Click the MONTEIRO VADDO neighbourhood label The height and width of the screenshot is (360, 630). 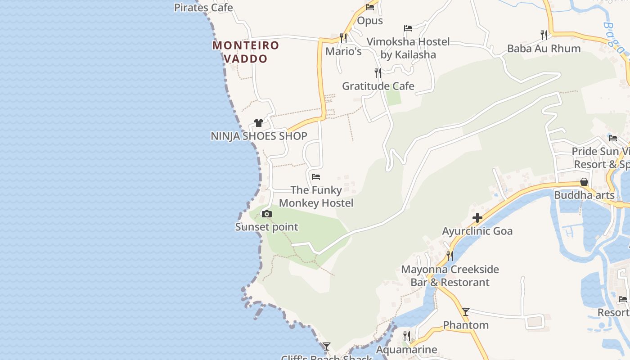coord(246,52)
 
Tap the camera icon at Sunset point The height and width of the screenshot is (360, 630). coord(267,214)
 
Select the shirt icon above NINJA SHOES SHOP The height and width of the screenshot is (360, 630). coord(258,123)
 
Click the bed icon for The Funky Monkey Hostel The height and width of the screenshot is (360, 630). coord(316,177)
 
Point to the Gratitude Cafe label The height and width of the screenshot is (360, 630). coord(378,86)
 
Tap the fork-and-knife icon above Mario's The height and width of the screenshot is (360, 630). coord(343,38)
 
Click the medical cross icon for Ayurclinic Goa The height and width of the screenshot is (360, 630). coord(477,218)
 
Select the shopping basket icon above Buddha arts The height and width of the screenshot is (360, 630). coord(584,182)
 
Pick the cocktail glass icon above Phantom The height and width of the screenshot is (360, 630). coord(466,311)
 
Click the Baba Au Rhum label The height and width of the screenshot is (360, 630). coord(544,49)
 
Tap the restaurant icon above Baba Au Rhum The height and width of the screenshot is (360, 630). coord(544,35)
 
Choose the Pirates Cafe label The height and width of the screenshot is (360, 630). coord(203,8)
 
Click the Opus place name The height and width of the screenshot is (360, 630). coord(370,21)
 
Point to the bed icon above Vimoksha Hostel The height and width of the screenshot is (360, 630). coord(408,28)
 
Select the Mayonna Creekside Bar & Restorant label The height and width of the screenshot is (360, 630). coord(450,276)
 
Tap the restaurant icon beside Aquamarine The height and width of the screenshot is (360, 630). coord(406,336)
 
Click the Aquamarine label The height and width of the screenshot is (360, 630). coord(406,350)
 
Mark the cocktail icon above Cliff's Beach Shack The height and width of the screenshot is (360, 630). coord(327,346)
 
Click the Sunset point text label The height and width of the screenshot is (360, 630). coord(267,227)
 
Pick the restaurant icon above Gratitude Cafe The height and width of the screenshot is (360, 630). coord(378,72)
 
